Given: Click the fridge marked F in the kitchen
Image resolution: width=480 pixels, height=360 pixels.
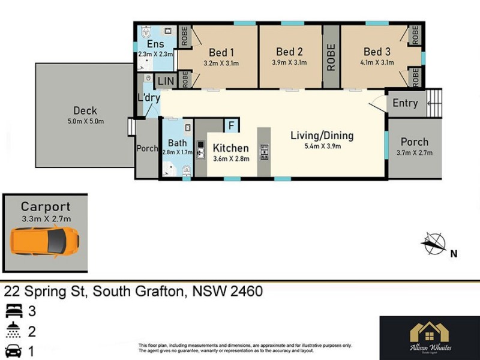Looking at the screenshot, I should (232, 125).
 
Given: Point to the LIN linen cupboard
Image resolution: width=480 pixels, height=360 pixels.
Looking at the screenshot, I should (163, 80).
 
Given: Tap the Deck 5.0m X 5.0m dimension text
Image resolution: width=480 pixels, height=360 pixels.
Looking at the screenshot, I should (85, 121).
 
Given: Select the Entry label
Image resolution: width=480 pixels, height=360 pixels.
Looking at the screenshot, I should (405, 103).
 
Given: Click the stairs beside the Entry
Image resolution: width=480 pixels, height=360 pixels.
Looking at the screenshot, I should (434, 103).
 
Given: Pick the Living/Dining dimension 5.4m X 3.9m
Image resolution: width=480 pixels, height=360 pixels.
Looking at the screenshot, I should (322, 147).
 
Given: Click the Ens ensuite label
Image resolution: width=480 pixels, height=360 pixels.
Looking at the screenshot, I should (155, 44).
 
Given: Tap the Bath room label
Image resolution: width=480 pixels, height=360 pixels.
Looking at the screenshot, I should (177, 143).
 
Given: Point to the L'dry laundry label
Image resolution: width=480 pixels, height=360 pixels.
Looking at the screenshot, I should (148, 97).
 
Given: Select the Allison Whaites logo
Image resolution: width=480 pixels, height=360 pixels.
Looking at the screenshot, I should (429, 338).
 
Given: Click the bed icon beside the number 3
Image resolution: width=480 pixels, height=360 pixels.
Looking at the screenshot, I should (13, 311).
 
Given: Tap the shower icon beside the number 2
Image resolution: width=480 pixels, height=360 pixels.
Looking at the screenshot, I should (13, 331).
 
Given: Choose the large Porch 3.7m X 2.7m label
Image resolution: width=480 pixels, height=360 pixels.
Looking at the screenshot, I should (415, 142).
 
